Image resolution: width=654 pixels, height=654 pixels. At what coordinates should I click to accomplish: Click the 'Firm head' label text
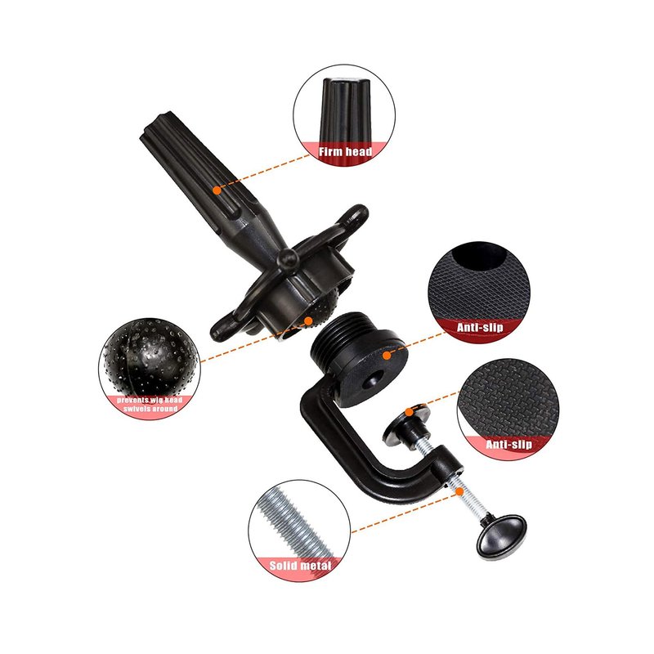click(345, 151)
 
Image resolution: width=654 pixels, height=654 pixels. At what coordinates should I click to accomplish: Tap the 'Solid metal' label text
click(300, 566)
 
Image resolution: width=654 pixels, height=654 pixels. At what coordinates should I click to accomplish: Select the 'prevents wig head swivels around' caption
click(150, 404)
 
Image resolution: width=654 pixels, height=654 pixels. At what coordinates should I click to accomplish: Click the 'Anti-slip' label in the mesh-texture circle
click(480, 327)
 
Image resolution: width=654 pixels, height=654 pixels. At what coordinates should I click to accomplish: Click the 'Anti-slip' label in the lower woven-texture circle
click(508, 444)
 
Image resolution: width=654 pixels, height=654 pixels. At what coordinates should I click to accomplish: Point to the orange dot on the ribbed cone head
click(217, 190)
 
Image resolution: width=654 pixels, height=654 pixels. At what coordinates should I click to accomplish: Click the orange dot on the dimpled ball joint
click(308, 320)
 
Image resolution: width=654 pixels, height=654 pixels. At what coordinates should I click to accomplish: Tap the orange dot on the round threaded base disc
click(387, 356)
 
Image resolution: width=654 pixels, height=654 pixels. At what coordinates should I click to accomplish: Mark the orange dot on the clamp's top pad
click(410, 412)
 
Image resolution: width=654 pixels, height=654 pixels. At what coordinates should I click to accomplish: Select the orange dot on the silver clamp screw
click(459, 491)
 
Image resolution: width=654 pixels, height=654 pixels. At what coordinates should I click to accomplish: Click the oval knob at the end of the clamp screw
click(502, 536)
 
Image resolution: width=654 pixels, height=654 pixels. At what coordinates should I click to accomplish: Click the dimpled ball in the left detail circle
click(150, 357)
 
